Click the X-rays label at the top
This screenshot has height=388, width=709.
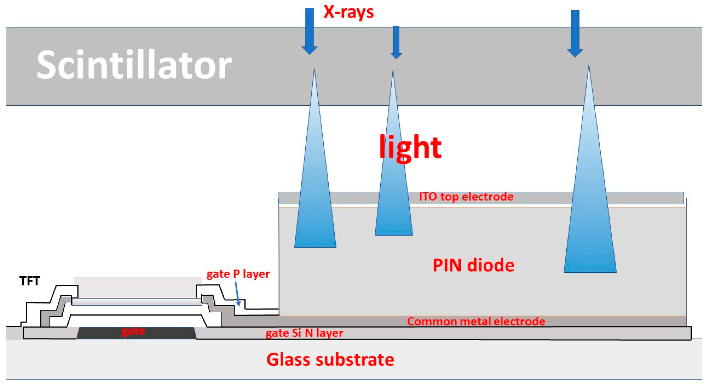point(348,12)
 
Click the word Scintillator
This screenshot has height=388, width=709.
point(134,65)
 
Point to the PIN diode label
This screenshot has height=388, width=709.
point(473,265)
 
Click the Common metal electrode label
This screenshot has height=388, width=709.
point(476,321)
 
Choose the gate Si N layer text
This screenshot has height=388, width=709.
point(304,333)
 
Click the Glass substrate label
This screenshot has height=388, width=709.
point(330,359)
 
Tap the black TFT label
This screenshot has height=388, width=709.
point(30,281)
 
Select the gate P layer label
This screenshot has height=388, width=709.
point(238,274)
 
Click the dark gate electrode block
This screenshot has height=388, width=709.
point(136,333)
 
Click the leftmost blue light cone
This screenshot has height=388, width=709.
point(315,193)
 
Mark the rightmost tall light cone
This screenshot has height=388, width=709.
point(590,206)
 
